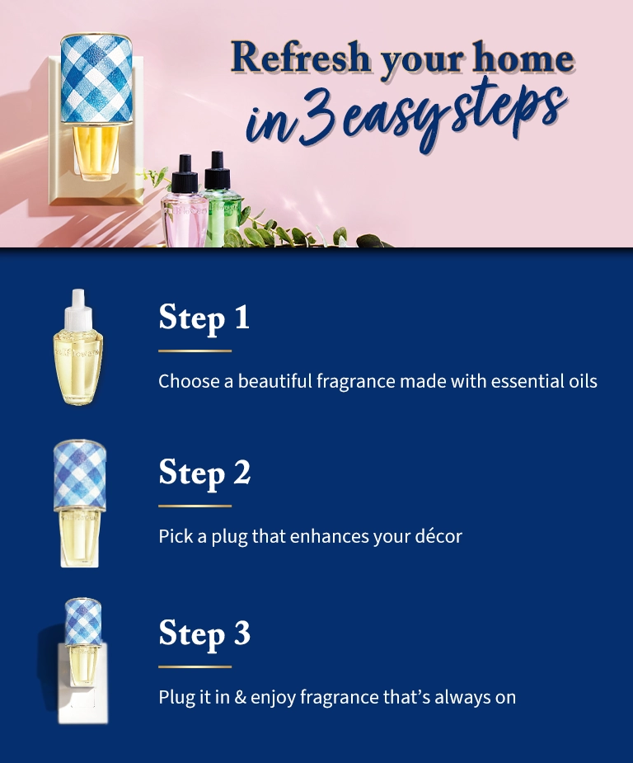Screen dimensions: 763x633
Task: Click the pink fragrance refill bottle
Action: click(x=183, y=214)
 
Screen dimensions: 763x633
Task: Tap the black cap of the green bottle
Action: click(x=218, y=168)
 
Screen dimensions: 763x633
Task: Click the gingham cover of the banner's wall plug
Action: click(x=97, y=79)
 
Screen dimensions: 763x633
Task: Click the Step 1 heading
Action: click(x=204, y=318)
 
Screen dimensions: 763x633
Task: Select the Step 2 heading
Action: click(x=204, y=473)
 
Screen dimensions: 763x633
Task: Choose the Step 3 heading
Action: click(x=204, y=633)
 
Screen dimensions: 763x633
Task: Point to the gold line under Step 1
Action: click(x=195, y=351)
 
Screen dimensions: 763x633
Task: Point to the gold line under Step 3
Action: click(x=195, y=666)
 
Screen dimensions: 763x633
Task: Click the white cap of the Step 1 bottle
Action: click(x=79, y=304)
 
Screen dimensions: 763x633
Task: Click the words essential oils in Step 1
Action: click(x=544, y=382)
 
